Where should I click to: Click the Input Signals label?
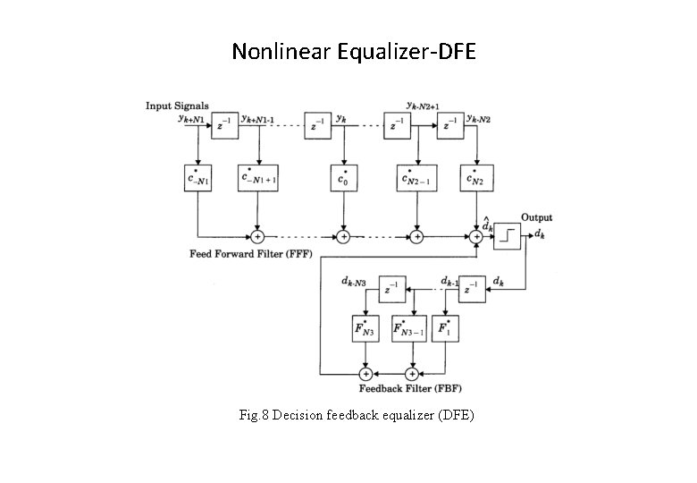[x=177, y=106]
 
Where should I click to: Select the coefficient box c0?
[x=341, y=179]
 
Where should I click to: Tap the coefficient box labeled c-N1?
[x=197, y=179]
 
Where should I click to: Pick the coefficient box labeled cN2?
[x=474, y=179]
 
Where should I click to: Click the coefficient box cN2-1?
[x=416, y=179]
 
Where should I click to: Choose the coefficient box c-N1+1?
[x=257, y=179]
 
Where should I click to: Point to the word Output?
[x=537, y=217]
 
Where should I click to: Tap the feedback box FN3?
[x=365, y=327]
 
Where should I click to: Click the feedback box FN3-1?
[x=411, y=327]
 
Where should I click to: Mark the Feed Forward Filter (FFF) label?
[x=250, y=253]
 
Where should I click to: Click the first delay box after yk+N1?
[x=223, y=126]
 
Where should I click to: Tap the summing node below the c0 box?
[x=341, y=236]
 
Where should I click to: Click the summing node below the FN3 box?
[x=365, y=372]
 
